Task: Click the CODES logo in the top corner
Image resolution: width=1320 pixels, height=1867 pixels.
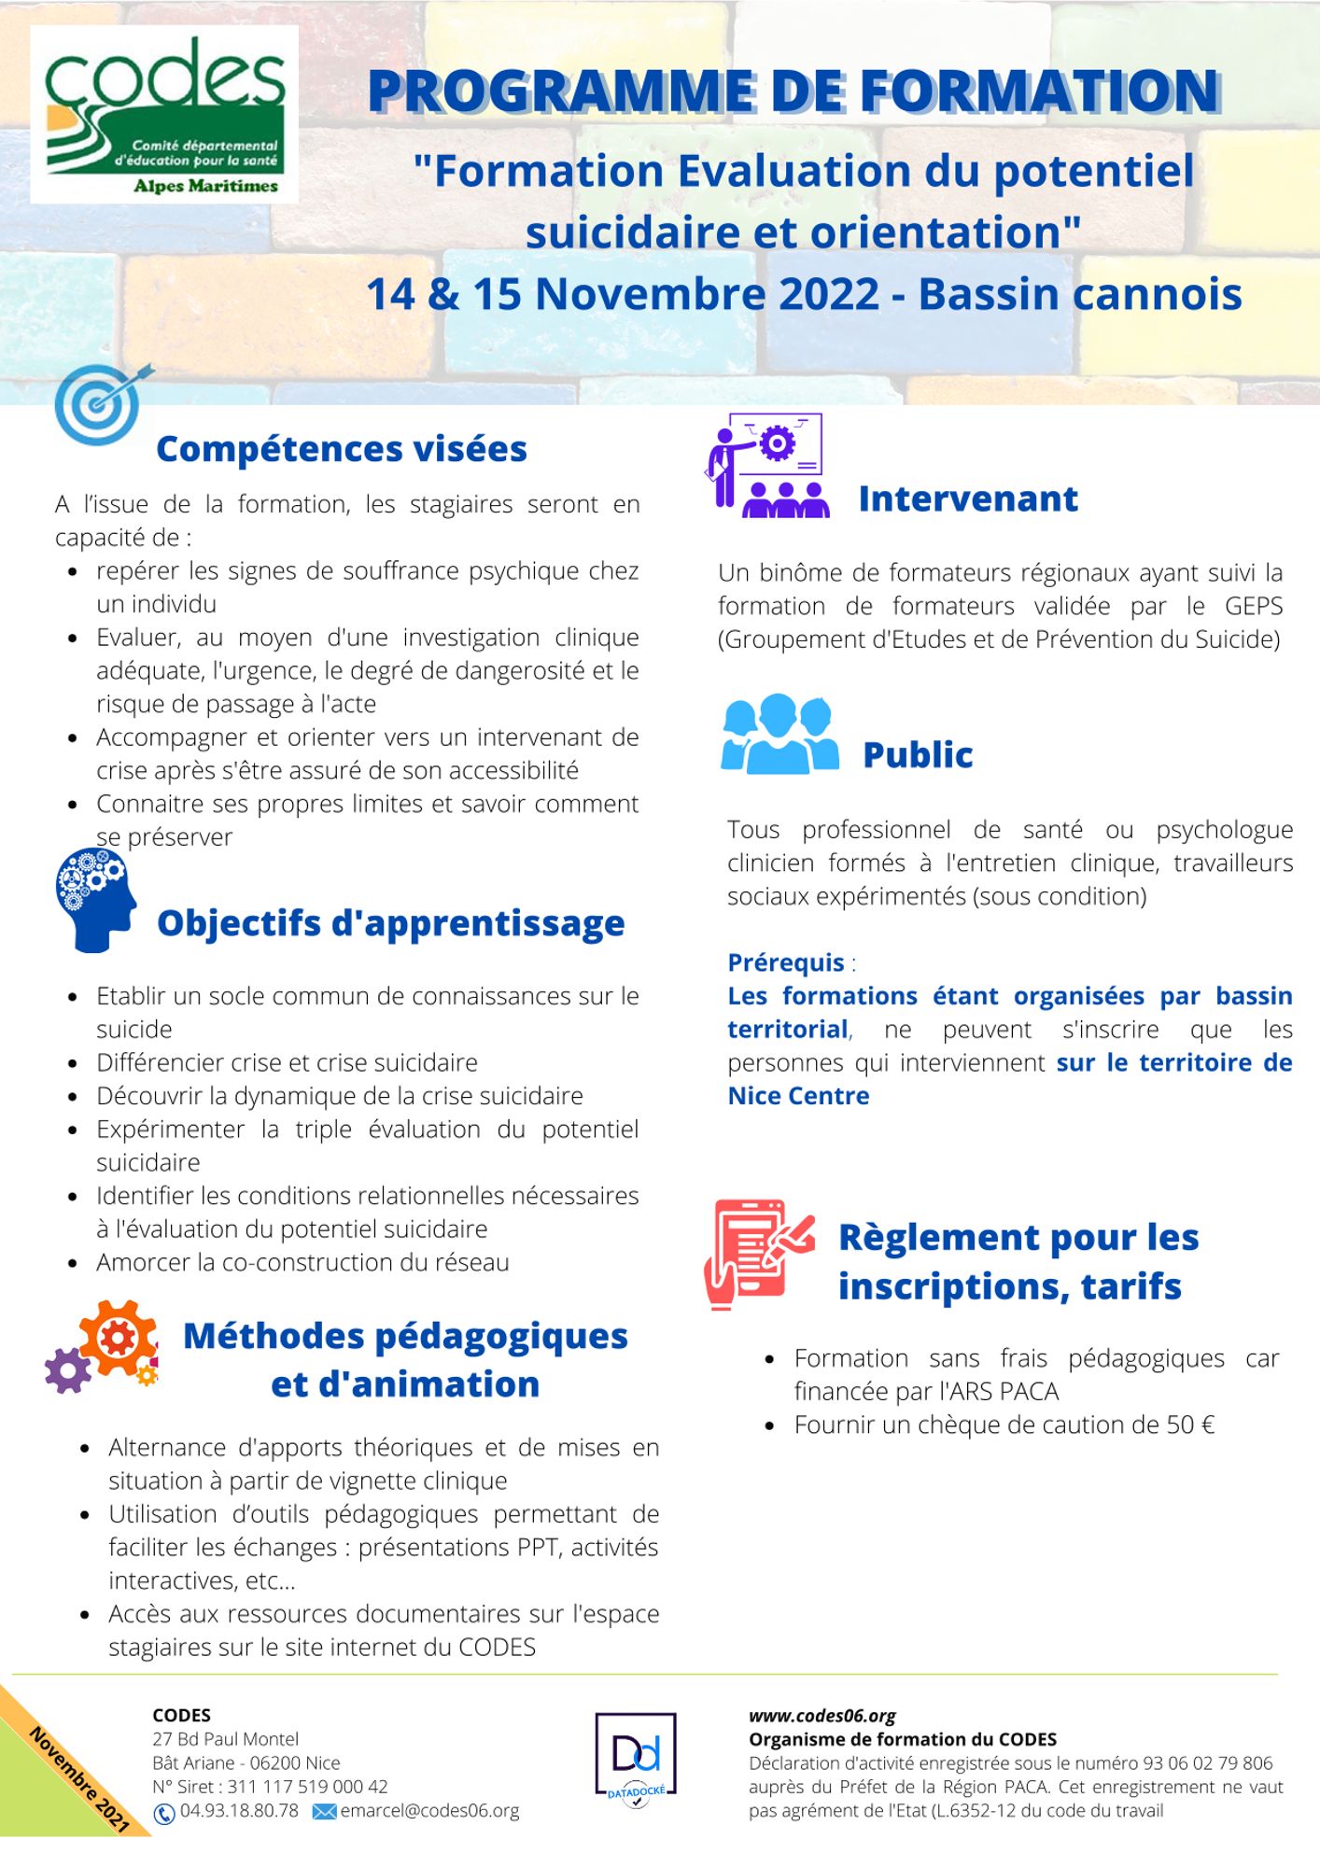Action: pyautogui.click(x=164, y=114)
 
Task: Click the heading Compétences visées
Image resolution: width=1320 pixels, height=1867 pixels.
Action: pyautogui.click(x=341, y=449)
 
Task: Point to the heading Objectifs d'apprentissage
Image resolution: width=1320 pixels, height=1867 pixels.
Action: pyautogui.click(x=390, y=923)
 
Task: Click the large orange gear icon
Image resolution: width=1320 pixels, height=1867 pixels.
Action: pyautogui.click(x=119, y=1339)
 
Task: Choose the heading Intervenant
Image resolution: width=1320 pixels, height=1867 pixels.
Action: pyautogui.click(x=967, y=499)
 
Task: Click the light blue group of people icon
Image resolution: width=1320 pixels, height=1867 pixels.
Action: pyautogui.click(x=779, y=735)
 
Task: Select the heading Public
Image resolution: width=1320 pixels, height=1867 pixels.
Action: pyautogui.click(x=917, y=755)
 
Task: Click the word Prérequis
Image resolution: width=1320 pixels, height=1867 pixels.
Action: pyautogui.click(x=785, y=962)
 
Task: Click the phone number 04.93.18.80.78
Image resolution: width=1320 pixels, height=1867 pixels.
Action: pyautogui.click(x=239, y=1811)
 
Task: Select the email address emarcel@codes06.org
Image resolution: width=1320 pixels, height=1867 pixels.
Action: pyautogui.click(x=429, y=1811)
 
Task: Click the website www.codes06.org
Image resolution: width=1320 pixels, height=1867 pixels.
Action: pyautogui.click(x=821, y=1716)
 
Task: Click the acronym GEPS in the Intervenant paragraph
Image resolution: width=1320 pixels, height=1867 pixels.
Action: pyautogui.click(x=1253, y=606)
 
